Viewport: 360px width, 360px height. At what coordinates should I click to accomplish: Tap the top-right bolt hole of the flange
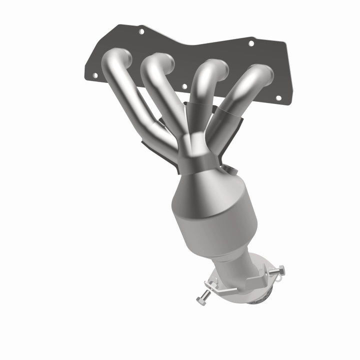tap(251, 43)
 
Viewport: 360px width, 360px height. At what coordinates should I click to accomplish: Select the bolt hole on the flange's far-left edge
tap(93, 76)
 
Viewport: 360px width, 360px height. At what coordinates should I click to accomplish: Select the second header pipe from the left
tap(165, 100)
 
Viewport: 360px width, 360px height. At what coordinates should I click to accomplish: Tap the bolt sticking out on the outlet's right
tap(276, 270)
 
